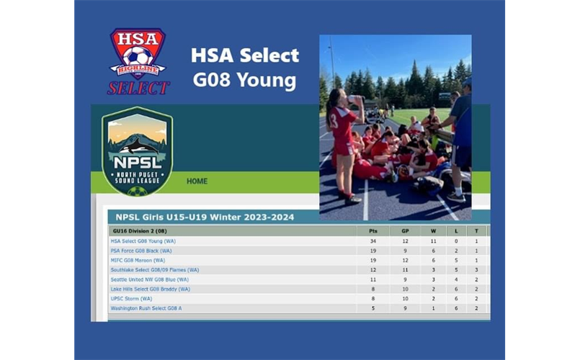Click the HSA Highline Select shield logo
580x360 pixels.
pos(138,60)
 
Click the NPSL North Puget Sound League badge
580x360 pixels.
pos(137,151)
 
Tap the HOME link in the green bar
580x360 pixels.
pos(197,181)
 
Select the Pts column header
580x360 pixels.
pos(372,231)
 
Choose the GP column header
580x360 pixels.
pos(404,231)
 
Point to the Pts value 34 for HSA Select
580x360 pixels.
pos(372,241)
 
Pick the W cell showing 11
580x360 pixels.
pos(433,241)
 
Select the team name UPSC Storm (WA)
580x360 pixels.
pos(131,298)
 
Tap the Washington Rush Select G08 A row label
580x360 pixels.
pos(146,308)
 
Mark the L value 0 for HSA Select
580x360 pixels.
pos(456,241)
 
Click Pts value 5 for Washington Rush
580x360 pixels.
pos(372,308)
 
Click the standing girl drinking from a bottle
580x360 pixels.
pos(342,144)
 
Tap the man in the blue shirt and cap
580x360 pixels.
pos(458,137)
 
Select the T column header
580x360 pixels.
pos(476,231)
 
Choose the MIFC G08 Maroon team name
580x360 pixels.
pos(138,260)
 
